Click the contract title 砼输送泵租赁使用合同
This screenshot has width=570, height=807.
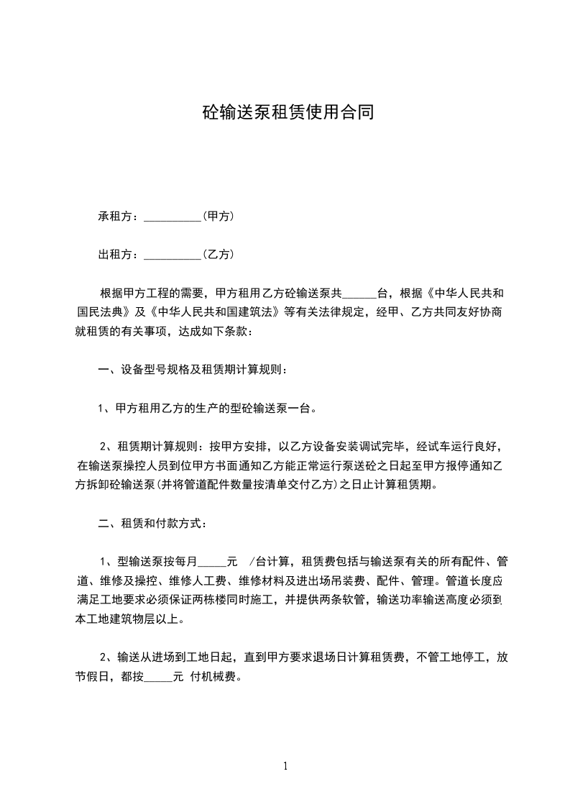point(287,113)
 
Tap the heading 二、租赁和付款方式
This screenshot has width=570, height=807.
point(155,523)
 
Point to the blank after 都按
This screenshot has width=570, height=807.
point(158,678)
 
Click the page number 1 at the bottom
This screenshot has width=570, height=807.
point(285,766)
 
